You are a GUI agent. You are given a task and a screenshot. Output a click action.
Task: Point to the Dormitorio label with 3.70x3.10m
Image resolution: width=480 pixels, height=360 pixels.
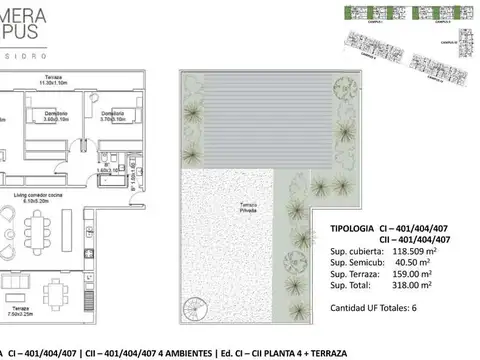pyautogui.click(x=113, y=117)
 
